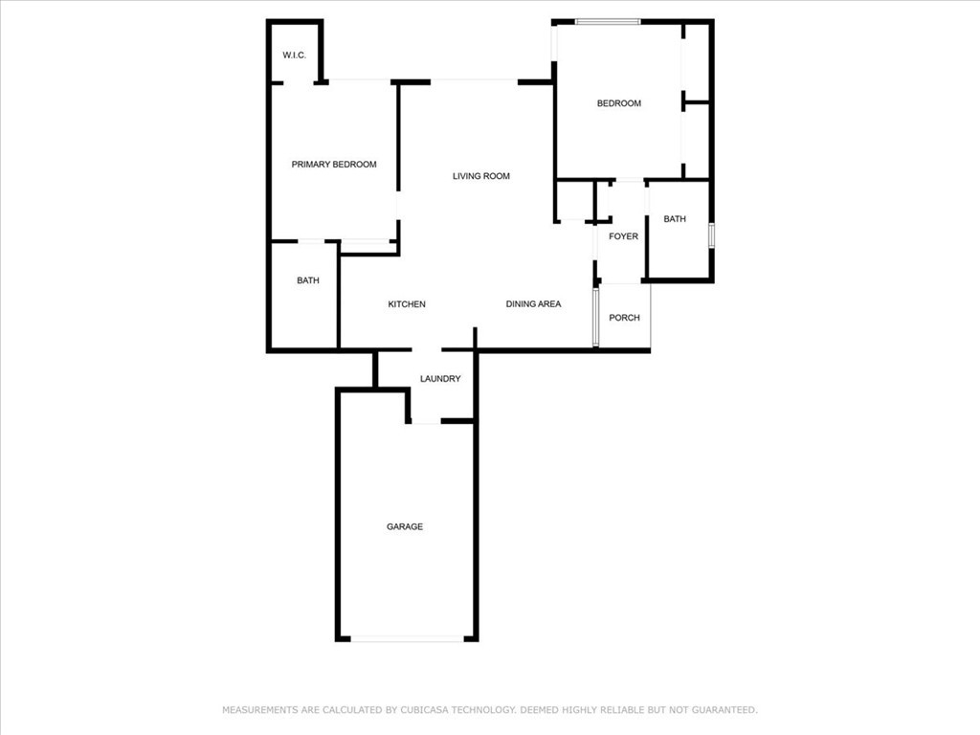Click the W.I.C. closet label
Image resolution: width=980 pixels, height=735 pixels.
[295, 55]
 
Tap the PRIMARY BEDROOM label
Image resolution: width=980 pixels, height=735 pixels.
[334, 165]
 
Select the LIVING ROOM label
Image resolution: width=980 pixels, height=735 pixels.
[481, 176]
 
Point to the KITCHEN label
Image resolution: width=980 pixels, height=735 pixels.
[407, 304]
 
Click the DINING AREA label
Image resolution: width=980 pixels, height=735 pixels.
[533, 303]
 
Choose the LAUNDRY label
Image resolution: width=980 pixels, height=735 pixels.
[440, 379]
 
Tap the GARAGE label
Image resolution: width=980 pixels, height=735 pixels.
[405, 527]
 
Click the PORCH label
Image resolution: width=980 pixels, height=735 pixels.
[624, 318]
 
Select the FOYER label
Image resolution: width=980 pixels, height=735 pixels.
[624, 236]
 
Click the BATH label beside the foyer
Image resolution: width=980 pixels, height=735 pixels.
[675, 219]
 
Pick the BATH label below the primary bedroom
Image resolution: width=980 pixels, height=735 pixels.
[307, 280]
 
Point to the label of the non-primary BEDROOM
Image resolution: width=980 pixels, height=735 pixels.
[619, 103]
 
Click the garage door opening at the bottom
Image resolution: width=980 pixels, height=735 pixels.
[408, 638]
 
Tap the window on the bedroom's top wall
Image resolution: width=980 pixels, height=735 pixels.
[608, 22]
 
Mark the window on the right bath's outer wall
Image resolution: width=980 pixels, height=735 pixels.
[711, 235]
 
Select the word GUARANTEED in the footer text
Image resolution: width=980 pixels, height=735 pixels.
[724, 710]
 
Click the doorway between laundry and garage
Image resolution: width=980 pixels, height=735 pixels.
[426, 422]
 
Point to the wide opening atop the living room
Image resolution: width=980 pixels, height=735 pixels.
[474, 81]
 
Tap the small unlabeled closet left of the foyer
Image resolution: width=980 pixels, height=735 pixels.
[574, 201]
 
